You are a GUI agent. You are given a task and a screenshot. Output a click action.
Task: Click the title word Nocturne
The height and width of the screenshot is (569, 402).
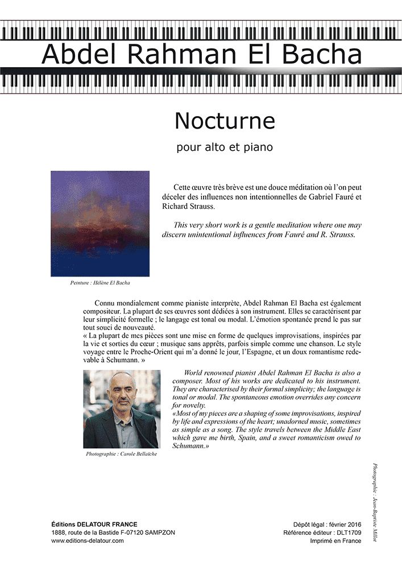click(225, 121)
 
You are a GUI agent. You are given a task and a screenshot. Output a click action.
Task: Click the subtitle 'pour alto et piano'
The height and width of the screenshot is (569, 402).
click(225, 148)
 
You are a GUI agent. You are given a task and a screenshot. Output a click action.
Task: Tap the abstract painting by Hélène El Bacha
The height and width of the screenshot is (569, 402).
click(100, 224)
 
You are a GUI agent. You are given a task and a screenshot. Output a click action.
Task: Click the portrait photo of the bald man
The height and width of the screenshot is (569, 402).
click(122, 409)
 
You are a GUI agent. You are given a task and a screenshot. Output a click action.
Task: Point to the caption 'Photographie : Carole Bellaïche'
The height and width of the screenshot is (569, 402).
click(121, 455)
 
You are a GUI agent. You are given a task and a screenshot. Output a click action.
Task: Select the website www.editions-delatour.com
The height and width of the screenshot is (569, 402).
click(87, 541)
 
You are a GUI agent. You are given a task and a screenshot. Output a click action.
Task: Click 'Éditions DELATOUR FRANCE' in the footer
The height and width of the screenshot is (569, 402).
click(94, 524)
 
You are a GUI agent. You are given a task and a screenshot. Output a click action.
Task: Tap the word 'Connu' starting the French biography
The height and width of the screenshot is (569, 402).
click(106, 303)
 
